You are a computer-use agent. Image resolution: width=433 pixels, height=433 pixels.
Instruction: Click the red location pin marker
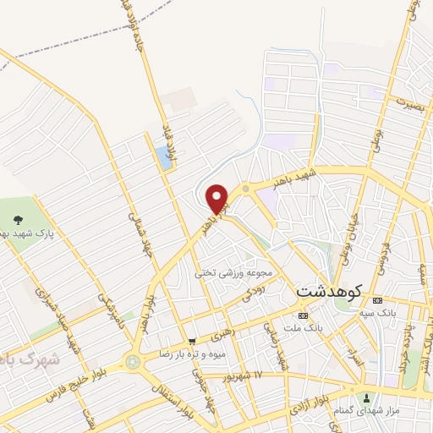pos(218,200)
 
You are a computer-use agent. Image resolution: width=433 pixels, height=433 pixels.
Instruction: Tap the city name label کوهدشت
pos(329,290)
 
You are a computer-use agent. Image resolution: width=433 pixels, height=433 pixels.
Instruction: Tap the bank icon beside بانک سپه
pos(377,301)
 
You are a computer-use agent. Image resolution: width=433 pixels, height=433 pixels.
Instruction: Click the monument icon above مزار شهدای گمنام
pos(365,397)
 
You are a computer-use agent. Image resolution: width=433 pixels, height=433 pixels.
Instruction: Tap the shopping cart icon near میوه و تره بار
pos(192,342)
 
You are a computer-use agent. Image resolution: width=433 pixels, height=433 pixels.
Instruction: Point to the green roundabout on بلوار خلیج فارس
pos(132,362)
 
